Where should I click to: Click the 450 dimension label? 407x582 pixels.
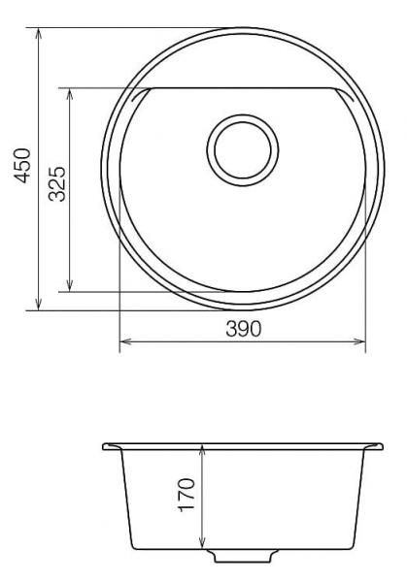coord(22,166)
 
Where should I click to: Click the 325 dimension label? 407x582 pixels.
coord(57,184)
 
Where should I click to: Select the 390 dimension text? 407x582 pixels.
coord(244,329)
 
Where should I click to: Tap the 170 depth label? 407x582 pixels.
coord(187,495)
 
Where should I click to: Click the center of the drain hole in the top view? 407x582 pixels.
coord(243,150)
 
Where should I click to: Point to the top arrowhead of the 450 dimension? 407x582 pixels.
coord(38,33)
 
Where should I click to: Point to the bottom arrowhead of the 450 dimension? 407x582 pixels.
coord(38,306)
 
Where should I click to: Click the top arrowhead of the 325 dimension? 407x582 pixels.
coord(70,93)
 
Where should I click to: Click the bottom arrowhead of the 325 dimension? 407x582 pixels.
coord(70,286)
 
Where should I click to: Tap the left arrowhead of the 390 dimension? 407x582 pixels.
coord(125,341)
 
